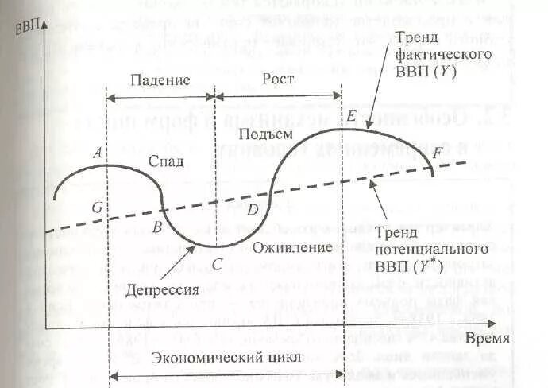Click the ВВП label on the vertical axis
(28, 25)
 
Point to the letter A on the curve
(96, 154)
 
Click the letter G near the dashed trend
(96, 208)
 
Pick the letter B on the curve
(157, 227)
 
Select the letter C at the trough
(217, 264)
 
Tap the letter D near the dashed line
(253, 210)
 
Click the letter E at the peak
(350, 117)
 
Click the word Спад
(166, 161)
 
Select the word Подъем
(260, 133)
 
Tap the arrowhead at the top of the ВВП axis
(48, 21)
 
